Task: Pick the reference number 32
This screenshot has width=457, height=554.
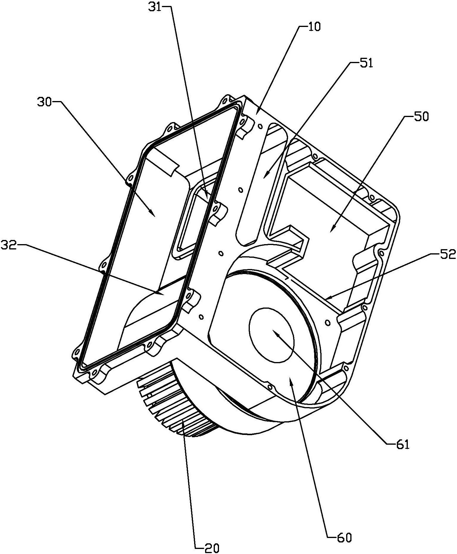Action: (9, 246)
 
